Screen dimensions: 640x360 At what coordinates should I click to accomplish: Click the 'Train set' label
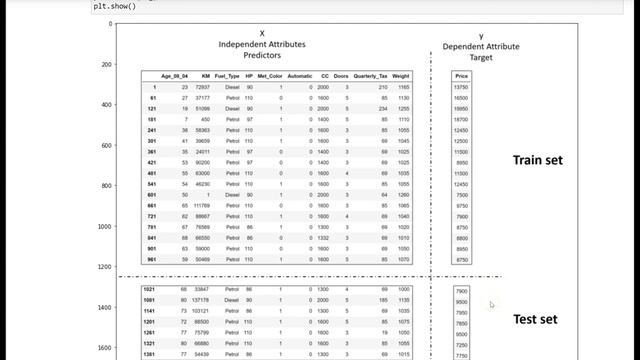(x=539, y=160)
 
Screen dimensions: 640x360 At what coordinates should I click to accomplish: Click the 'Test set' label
(x=536, y=320)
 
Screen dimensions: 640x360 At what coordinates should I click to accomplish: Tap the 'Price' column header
(x=461, y=76)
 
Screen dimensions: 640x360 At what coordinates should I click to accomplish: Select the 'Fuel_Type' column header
(x=226, y=76)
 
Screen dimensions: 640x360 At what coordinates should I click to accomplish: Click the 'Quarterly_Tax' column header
(x=371, y=76)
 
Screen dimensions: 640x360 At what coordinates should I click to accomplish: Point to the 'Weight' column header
(x=401, y=76)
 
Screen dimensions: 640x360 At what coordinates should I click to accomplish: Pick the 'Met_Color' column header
(x=270, y=76)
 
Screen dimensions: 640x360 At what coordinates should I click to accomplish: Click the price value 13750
(x=461, y=88)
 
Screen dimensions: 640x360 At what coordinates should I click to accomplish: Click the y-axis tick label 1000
(x=104, y=227)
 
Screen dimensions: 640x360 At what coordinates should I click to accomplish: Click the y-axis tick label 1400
(x=104, y=308)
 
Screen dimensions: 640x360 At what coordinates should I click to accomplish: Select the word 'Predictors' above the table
(x=262, y=56)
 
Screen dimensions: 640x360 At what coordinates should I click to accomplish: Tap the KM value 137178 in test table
(x=200, y=300)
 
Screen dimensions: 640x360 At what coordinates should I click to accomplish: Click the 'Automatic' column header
(x=300, y=76)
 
